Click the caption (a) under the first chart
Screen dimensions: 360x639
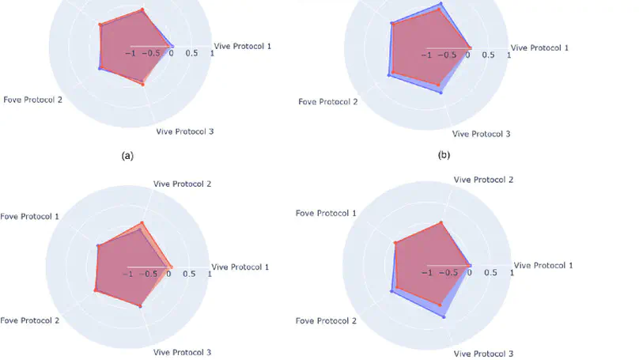127,157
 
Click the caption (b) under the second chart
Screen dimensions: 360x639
444,156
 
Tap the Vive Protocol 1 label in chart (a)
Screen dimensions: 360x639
242,47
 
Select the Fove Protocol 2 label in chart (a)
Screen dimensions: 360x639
33,99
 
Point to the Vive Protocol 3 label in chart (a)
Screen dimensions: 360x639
185,131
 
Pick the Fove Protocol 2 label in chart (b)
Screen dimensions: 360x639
327,102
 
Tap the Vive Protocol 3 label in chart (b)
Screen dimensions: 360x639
481,134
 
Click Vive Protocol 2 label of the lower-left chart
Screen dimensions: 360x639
182,184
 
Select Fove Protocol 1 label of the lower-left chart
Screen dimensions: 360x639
29,216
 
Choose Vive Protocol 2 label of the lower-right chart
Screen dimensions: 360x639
482,180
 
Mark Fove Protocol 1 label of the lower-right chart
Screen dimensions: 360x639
326,214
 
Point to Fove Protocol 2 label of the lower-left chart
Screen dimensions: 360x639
31,320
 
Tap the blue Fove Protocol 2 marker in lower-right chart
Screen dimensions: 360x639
391,292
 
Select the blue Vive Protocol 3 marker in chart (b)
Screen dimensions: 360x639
441,93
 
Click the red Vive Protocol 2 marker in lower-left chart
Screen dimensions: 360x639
142,223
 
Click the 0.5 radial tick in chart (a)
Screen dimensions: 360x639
192,54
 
